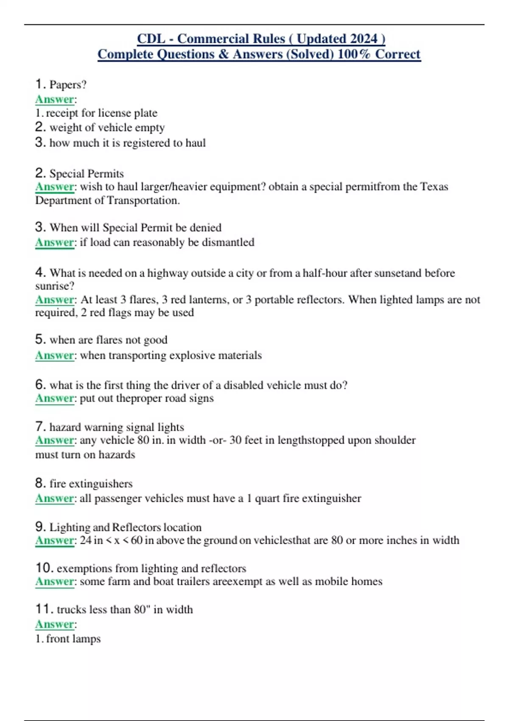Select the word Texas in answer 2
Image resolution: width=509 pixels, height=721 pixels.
click(434, 187)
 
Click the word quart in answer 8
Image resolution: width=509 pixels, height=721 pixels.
click(267, 498)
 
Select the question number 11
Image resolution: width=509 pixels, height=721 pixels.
click(44, 609)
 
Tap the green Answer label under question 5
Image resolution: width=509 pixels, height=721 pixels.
click(55, 355)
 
